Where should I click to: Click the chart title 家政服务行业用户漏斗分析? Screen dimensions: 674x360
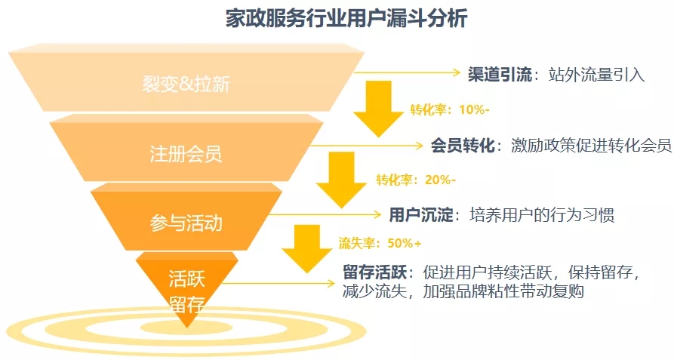[x=346, y=20]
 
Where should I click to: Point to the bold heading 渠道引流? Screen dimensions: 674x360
[x=500, y=75]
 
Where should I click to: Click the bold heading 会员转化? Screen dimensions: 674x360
[x=463, y=146]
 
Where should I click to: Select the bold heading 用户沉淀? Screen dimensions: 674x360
[x=421, y=215]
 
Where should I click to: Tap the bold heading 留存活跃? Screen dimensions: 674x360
[x=374, y=272]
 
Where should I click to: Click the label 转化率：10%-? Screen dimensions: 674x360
[x=450, y=110]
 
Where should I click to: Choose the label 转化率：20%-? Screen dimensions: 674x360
[x=416, y=180]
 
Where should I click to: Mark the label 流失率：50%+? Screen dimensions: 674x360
[x=380, y=243]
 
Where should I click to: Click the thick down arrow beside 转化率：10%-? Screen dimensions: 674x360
[x=379, y=109]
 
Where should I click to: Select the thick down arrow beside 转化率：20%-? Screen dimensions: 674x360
[x=342, y=180]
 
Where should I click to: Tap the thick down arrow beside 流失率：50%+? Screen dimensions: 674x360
[x=307, y=249]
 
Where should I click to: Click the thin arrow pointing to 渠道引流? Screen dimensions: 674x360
[x=407, y=72]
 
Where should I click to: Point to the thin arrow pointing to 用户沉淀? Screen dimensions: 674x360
[x=325, y=214]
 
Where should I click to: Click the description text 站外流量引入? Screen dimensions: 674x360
[x=596, y=75]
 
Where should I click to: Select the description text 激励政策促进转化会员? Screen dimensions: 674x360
[x=592, y=146]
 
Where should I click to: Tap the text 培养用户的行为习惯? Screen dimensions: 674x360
[x=542, y=215]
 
